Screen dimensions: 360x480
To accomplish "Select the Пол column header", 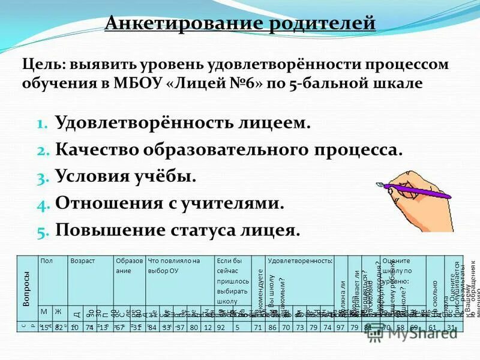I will [46, 262].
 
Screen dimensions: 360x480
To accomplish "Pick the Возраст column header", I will [82, 262].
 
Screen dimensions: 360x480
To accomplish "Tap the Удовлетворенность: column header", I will [300, 262].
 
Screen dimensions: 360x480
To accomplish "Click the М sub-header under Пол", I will [44, 311].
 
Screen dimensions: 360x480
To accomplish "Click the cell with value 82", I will [58, 326].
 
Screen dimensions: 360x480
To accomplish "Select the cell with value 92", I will [221, 326].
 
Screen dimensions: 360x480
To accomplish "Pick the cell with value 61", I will [433, 326].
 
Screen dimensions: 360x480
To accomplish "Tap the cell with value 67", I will [120, 326].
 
